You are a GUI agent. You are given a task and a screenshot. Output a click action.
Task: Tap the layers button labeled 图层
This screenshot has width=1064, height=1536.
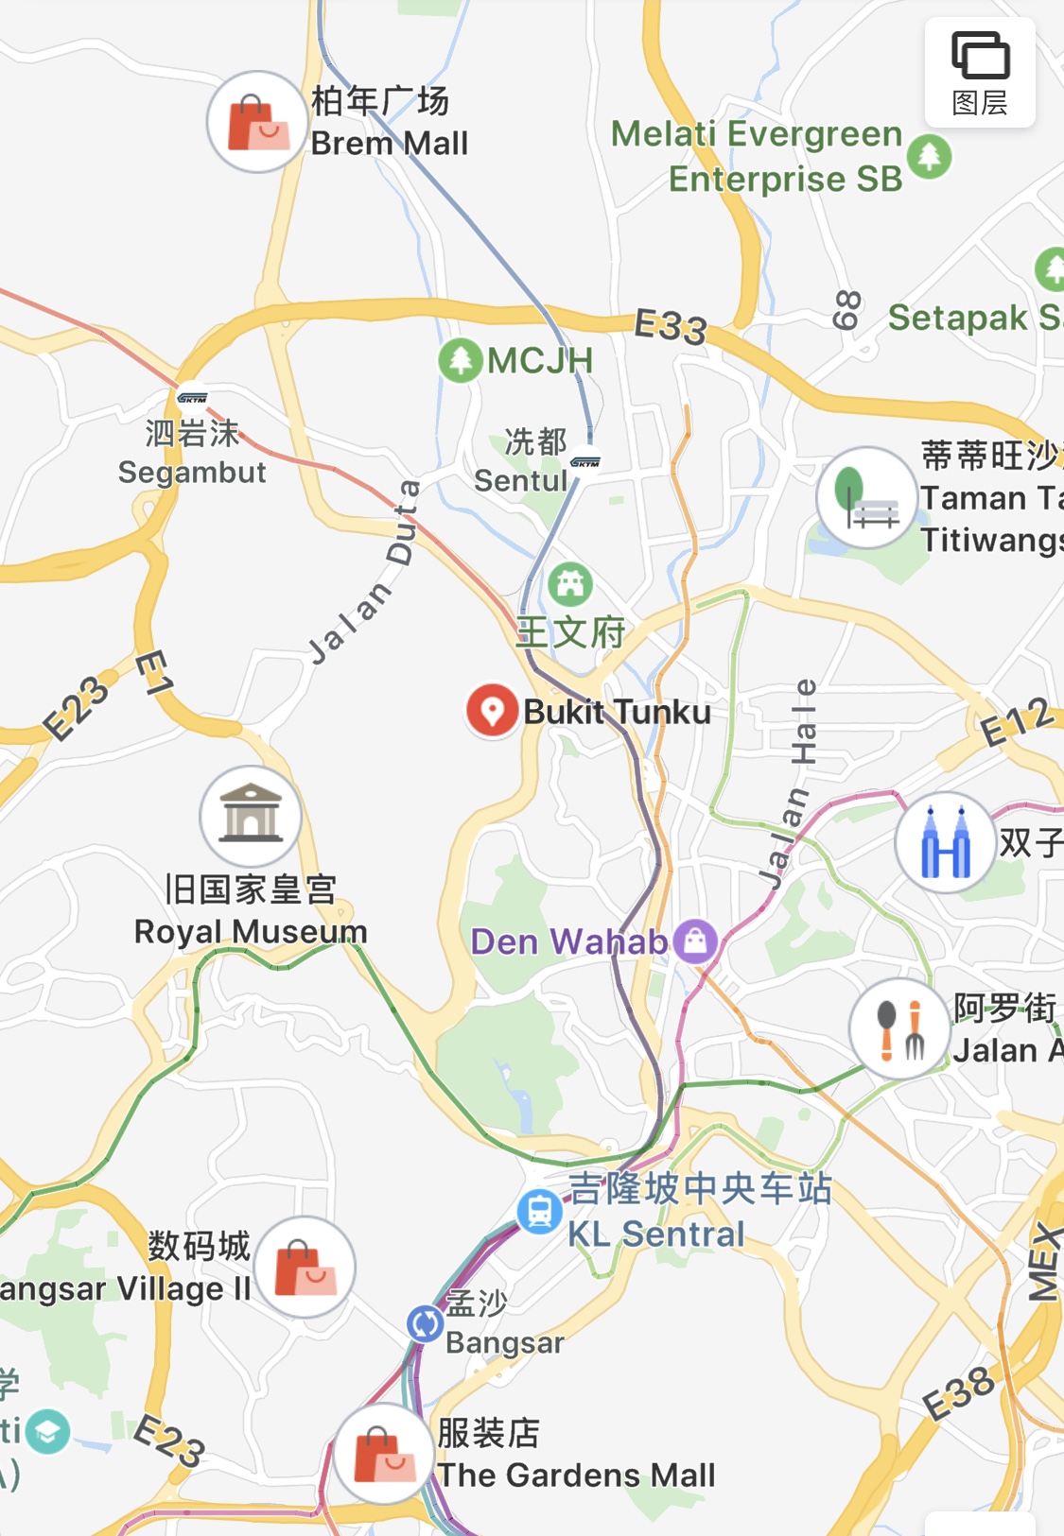coord(980,73)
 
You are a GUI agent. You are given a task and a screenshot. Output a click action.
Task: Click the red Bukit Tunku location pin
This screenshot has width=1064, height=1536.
coord(492,710)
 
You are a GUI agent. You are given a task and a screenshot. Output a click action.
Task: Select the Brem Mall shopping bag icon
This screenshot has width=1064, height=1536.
coord(256,122)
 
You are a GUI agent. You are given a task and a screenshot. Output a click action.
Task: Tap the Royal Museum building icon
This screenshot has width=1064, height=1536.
coord(251,816)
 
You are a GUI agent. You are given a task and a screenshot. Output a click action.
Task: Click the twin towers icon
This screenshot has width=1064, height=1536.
coord(946,842)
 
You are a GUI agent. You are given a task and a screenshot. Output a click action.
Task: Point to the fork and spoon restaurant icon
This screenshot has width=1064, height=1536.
coord(899,1029)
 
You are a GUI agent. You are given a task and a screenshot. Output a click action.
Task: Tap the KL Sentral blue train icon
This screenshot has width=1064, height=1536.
coord(539,1211)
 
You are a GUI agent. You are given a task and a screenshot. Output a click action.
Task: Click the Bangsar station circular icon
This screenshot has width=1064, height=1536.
coord(425,1323)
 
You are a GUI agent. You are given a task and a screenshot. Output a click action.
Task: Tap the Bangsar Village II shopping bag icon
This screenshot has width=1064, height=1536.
coord(305,1267)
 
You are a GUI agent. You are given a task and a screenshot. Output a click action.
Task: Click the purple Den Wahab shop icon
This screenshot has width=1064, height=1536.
coord(696,941)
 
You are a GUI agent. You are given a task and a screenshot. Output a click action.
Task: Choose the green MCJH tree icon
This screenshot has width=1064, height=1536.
coord(461,360)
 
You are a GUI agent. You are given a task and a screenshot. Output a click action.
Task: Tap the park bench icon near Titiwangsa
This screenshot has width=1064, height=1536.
coord(866,498)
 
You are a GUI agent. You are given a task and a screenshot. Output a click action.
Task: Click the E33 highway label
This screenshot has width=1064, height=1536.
coord(670,327)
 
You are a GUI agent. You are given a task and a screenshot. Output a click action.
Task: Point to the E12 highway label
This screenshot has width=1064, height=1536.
coord(1016,723)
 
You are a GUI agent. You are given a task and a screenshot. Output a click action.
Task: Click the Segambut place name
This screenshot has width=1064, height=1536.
coord(192,472)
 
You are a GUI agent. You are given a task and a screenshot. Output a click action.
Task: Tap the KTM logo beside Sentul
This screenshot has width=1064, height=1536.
coord(585,462)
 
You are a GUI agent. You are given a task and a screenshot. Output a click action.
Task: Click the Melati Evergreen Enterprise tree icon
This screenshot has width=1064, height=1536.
coord(929,156)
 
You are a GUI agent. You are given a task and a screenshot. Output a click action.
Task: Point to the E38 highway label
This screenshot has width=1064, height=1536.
coord(959,1393)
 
